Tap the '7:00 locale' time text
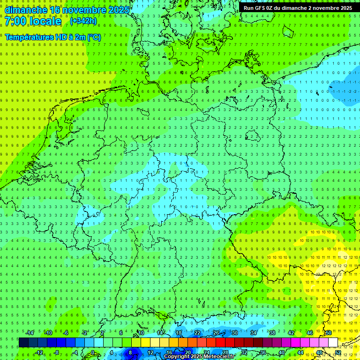(33, 21)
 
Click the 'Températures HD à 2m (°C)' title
(53, 37)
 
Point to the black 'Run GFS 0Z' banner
(298, 8)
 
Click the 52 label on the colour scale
(338, 352)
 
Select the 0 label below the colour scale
(93, 352)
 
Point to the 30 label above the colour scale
(234, 333)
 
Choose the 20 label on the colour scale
(188, 352)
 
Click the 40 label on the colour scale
(282, 352)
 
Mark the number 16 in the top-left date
(54, 9)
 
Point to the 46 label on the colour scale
(310, 333)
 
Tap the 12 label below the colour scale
(150, 352)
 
